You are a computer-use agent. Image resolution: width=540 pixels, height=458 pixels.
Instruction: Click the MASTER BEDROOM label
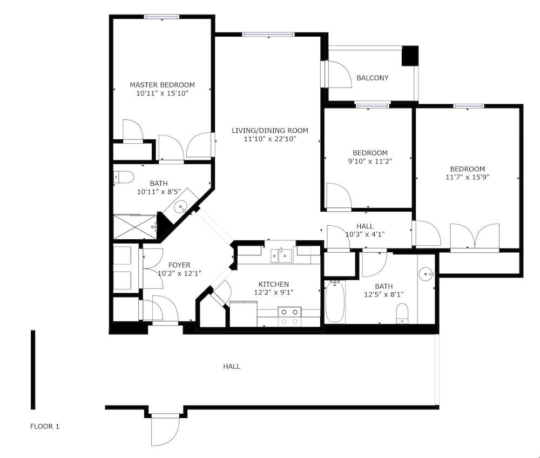[x=162, y=85]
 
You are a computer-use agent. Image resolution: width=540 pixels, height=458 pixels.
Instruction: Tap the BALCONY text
[x=372, y=78]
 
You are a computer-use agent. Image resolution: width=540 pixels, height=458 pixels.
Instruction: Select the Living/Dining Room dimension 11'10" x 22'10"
[x=269, y=139]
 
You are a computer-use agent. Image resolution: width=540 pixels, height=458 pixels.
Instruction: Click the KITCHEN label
[x=273, y=284]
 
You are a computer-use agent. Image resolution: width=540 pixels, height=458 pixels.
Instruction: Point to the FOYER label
[x=179, y=265]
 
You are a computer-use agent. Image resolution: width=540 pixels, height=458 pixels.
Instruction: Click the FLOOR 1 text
[x=44, y=427]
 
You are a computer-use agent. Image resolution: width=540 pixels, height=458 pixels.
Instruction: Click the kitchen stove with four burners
[x=289, y=316]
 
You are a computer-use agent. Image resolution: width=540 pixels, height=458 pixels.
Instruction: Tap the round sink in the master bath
[x=182, y=205]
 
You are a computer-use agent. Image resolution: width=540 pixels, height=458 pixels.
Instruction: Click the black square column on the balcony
[x=410, y=56]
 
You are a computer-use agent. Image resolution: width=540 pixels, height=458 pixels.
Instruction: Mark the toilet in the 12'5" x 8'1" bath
[x=402, y=313]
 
